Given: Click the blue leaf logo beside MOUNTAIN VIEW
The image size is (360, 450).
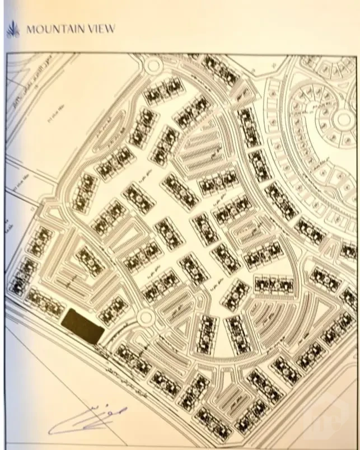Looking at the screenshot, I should pos(12,29).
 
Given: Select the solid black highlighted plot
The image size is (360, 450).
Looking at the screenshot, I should pos(82,326).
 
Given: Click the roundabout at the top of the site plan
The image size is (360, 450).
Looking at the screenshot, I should pos(152,66).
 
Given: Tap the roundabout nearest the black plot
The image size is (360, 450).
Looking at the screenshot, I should pos(146,318).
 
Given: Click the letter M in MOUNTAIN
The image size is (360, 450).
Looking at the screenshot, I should pos(30,29).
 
